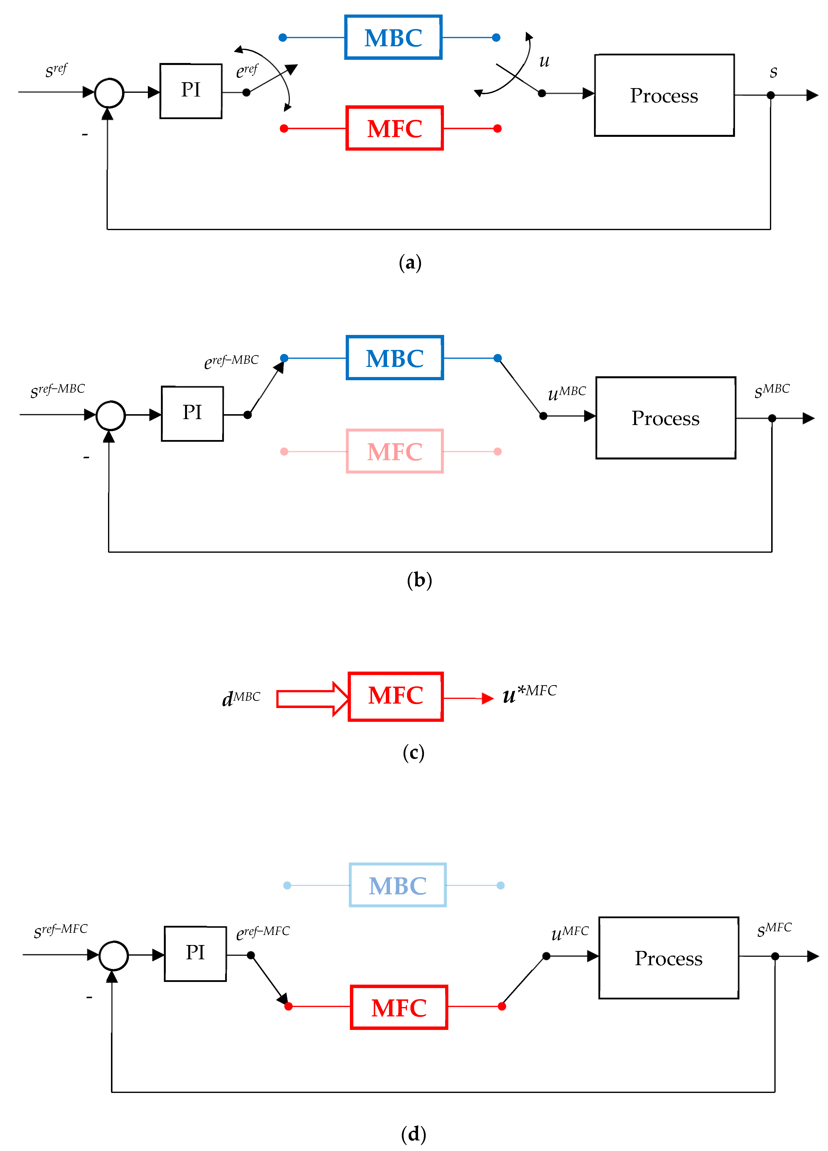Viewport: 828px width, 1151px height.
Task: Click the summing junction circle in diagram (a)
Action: (109, 93)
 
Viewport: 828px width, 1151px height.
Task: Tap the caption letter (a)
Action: (410, 263)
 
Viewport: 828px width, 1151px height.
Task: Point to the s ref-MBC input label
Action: (57, 390)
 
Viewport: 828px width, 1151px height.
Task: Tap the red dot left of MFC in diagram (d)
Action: (288, 1006)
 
